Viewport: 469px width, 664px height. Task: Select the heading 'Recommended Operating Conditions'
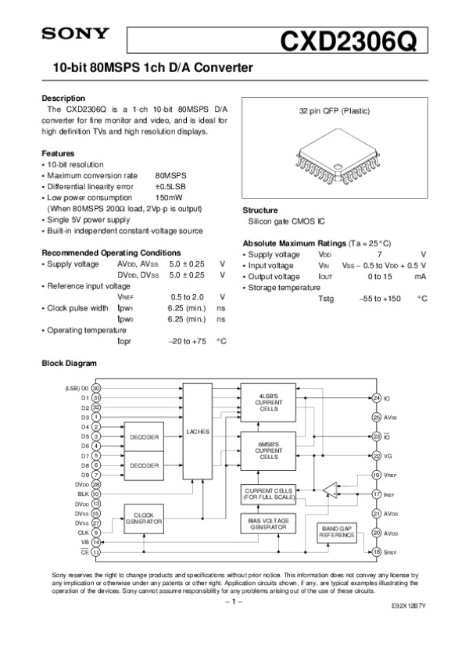110,253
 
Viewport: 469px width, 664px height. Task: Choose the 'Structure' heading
260,210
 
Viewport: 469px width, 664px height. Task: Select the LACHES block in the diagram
197,431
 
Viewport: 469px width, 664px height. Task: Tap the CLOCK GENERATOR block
144,519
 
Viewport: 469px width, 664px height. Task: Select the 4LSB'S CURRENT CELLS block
268,403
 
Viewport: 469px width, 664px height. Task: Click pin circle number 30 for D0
95,387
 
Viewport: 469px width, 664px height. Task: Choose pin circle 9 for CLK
95,532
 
